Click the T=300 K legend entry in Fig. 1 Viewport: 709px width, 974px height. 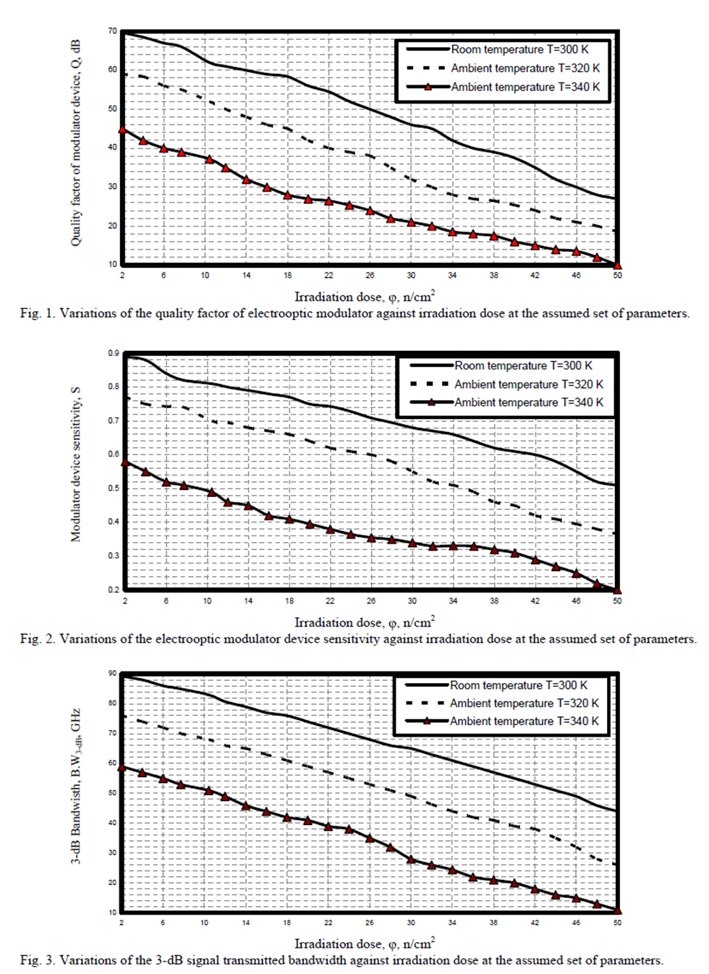click(x=519, y=49)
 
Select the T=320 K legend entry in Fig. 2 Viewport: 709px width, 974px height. click(x=528, y=384)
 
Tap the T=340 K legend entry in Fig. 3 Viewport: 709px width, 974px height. click(x=524, y=721)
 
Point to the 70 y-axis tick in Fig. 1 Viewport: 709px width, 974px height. click(x=112, y=31)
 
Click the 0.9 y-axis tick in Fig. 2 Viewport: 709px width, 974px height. click(x=114, y=353)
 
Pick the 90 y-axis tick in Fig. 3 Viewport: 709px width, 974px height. click(x=112, y=673)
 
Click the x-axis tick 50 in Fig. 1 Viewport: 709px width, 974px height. click(x=617, y=276)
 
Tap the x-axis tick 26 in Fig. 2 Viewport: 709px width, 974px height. click(x=371, y=601)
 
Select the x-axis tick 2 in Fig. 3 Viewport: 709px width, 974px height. click(x=122, y=923)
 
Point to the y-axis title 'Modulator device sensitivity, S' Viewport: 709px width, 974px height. click(x=76, y=464)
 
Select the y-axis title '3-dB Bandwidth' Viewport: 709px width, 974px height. click(x=76, y=786)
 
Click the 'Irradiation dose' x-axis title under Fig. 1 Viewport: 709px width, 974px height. click(x=364, y=297)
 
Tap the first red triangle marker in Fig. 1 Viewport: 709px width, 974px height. click(x=122, y=130)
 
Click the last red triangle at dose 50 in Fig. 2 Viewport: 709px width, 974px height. click(x=617, y=590)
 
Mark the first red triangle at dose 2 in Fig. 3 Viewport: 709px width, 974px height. click(x=122, y=767)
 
